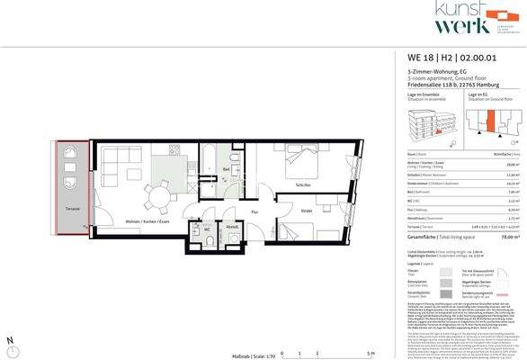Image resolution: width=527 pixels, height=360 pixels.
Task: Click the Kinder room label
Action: click(306, 211)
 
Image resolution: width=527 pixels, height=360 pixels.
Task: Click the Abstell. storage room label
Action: click(231, 227)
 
